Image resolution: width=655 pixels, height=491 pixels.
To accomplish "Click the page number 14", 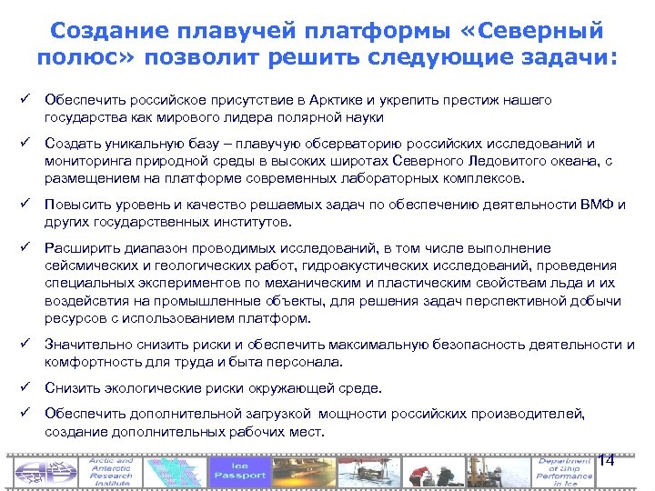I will pos(607,460).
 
